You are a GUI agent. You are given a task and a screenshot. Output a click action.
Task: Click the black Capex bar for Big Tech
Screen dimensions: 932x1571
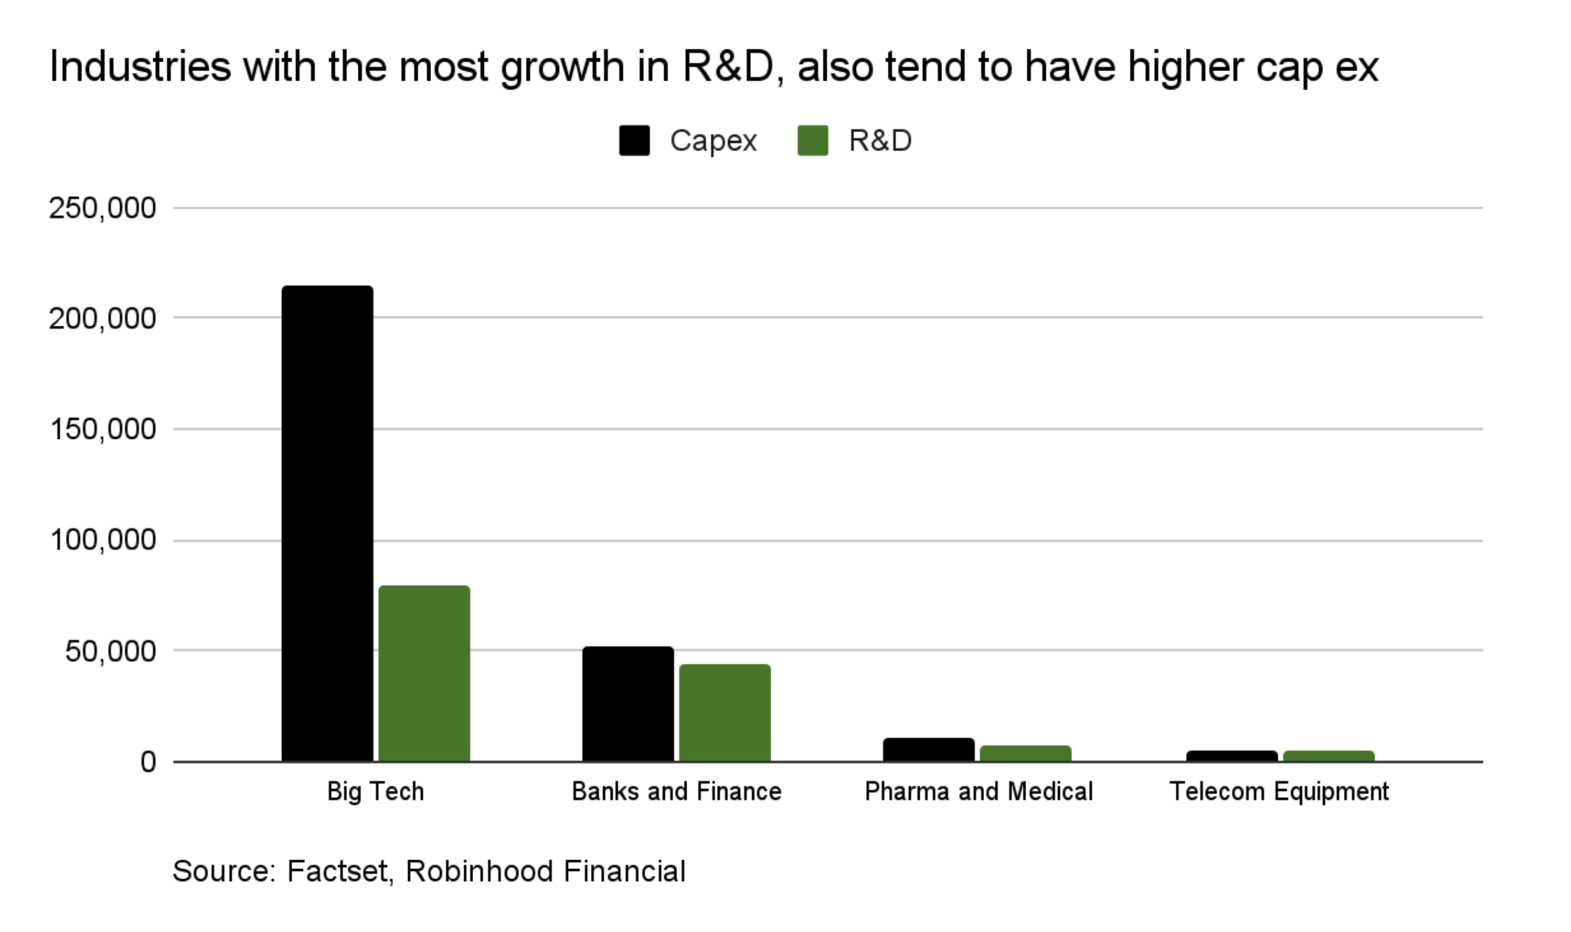(327, 523)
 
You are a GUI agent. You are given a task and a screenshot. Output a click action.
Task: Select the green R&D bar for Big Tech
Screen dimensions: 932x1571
(424, 673)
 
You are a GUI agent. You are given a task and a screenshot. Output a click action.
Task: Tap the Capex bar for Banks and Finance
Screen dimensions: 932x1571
(628, 704)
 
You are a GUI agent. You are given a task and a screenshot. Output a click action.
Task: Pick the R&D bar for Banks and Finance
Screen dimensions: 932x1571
(725, 713)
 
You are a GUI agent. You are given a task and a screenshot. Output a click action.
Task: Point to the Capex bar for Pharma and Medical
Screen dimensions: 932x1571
(929, 750)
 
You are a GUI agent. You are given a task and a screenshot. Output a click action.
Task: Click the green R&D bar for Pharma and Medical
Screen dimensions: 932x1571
(1025, 754)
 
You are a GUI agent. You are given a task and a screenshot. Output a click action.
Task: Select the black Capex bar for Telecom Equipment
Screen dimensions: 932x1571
(1231, 756)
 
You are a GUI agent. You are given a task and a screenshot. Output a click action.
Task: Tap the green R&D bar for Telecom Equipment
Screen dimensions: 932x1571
(1328, 756)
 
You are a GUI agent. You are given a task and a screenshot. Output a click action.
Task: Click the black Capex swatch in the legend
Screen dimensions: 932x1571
(634, 141)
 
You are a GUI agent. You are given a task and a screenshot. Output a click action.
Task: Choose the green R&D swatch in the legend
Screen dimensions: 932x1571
(813, 141)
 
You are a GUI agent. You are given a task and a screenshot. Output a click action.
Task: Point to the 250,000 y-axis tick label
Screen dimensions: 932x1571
(102, 208)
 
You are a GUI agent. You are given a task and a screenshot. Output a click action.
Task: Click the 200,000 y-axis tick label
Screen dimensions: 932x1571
(102, 318)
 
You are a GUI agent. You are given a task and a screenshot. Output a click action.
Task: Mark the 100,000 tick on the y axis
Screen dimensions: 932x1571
(102, 541)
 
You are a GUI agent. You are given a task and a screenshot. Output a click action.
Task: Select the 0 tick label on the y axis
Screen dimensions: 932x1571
(148, 763)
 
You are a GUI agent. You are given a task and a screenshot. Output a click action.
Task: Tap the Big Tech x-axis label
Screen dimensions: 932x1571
(375, 791)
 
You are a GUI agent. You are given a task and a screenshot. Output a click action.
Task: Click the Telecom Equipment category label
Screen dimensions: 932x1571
(1279, 791)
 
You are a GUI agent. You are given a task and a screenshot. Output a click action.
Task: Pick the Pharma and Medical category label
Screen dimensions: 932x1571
(979, 791)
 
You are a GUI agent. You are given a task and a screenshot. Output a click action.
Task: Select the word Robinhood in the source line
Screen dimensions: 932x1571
(478, 871)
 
